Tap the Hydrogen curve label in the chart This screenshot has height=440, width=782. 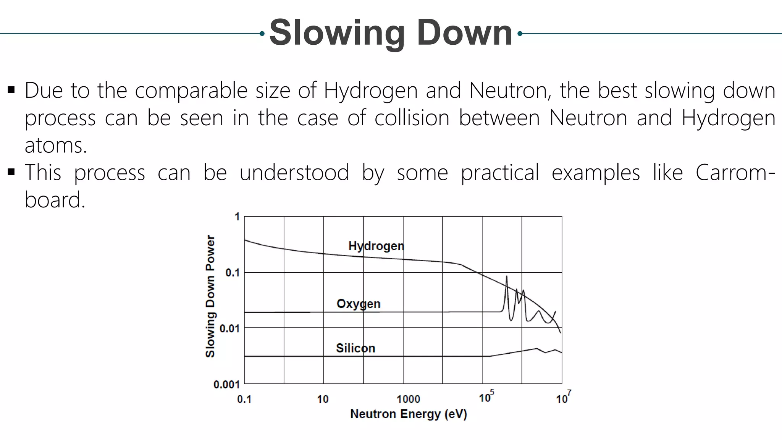coord(376,246)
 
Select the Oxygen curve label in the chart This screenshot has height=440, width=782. coord(359,304)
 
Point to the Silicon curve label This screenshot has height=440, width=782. coord(355,348)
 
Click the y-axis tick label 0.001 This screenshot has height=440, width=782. coord(226,384)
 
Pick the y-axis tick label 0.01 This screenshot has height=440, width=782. coord(229,328)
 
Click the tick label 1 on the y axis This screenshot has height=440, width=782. coord(237,217)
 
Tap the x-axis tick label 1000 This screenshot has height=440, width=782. coord(408,400)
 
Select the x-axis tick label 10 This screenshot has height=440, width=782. coord(323,400)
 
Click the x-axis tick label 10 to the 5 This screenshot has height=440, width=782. coord(486,397)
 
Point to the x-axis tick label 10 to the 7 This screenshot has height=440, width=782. coord(563,398)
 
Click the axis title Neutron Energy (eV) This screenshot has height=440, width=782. coord(409,414)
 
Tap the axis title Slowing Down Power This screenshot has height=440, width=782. coord(210,296)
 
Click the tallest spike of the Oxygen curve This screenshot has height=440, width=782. coord(507,277)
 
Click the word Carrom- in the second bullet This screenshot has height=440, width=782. coord(735,173)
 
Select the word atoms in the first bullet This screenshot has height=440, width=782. coord(56,146)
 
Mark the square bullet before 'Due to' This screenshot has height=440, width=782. coord(11,91)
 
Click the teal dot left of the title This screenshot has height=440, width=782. coord(262,34)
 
